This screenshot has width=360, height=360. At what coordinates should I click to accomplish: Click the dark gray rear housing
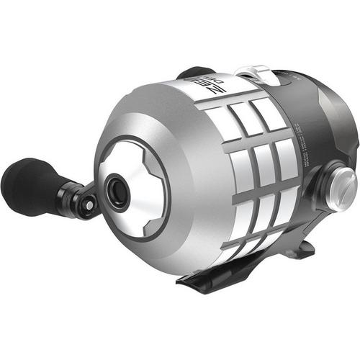pos(328,122)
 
